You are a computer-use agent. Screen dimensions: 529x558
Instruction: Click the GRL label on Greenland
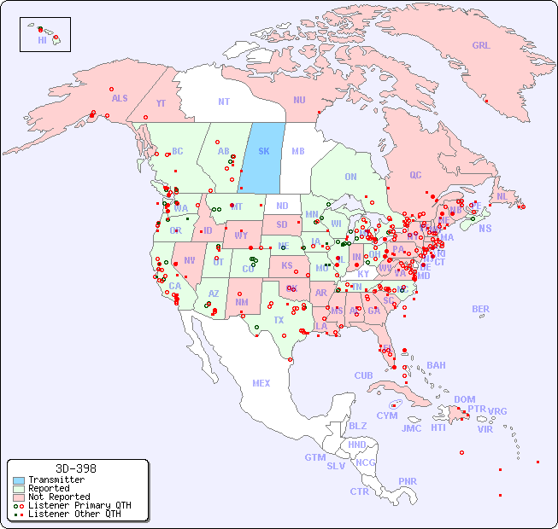481,46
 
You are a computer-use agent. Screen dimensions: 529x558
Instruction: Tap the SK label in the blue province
263,151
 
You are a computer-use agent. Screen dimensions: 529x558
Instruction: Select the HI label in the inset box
42,40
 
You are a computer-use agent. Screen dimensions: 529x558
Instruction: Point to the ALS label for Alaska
120,98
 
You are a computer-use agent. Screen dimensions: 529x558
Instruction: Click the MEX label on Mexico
261,383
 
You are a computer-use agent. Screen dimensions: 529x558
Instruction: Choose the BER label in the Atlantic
480,309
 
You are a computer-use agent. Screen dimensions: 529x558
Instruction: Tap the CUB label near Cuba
363,375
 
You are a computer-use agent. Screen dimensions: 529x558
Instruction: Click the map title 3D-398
76,468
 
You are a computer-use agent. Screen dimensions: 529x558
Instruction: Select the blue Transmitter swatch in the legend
19,480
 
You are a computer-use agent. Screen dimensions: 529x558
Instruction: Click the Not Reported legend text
59,497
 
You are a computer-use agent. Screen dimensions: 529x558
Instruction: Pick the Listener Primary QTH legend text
79,505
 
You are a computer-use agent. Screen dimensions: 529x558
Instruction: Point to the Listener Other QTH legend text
74,514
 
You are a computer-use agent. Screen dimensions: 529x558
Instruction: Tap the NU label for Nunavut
299,100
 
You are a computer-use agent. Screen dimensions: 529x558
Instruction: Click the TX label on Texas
279,320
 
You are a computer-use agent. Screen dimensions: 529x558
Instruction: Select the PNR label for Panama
408,481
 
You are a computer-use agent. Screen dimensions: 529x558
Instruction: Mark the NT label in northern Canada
223,101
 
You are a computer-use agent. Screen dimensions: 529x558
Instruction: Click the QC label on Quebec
415,175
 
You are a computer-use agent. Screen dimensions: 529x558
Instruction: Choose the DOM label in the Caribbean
464,399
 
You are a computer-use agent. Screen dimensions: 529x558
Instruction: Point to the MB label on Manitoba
297,151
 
